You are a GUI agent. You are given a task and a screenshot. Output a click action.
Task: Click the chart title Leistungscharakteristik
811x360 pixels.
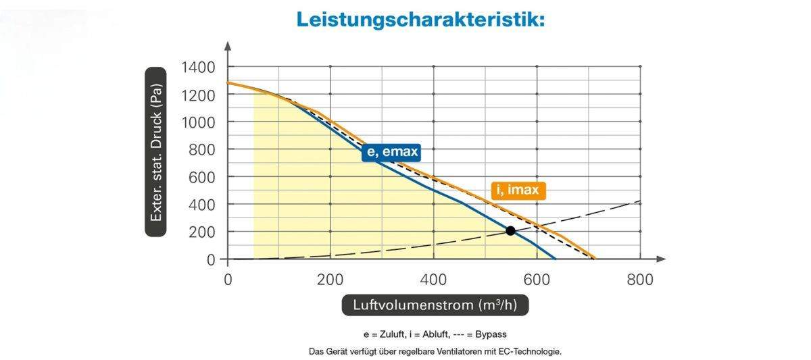pyautogui.click(x=420, y=20)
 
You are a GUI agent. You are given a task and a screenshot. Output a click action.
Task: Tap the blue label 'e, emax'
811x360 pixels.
pyautogui.click(x=391, y=153)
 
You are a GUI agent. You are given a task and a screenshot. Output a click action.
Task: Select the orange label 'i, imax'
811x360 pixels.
pyautogui.click(x=518, y=190)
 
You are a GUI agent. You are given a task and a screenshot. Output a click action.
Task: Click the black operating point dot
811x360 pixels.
pyautogui.click(x=510, y=231)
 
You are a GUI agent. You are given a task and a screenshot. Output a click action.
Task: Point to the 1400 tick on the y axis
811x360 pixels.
pyautogui.click(x=198, y=67)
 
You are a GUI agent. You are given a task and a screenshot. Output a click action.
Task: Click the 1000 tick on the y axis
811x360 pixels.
pyautogui.click(x=198, y=122)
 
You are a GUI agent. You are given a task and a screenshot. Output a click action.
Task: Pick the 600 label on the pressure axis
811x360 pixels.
pyautogui.click(x=202, y=177)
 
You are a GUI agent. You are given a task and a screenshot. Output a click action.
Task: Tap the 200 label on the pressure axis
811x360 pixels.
pyautogui.click(x=202, y=232)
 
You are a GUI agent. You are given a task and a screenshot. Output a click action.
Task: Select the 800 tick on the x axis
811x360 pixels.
pyautogui.click(x=639, y=279)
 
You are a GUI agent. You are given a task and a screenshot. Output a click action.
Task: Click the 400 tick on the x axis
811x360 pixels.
pyautogui.click(x=433, y=279)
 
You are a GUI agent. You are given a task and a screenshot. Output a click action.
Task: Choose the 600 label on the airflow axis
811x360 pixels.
pyautogui.click(x=536, y=279)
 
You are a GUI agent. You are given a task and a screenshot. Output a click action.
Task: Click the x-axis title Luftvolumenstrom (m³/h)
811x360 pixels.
pyautogui.click(x=435, y=305)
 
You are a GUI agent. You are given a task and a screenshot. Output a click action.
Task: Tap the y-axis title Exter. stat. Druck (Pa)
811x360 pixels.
pyautogui.click(x=156, y=151)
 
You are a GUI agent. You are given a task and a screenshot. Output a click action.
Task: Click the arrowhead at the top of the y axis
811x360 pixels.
pyautogui.click(x=228, y=46)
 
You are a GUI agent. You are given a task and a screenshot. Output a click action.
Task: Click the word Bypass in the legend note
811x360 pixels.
pyautogui.click(x=491, y=334)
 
